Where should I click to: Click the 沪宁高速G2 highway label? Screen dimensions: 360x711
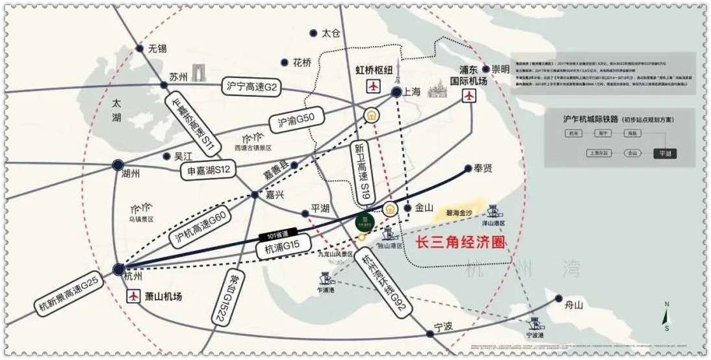pos(252,86)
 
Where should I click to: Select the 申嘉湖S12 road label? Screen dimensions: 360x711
pos(205,170)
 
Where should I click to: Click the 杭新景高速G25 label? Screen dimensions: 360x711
pos(68,294)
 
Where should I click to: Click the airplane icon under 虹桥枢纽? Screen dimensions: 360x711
pos(373,86)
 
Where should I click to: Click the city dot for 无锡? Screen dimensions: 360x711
pos(139,48)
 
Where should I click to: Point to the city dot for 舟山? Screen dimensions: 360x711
pos(559,298)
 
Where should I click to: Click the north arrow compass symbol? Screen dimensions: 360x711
pos(666,316)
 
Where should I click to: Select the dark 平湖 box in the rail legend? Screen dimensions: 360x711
pos(666,154)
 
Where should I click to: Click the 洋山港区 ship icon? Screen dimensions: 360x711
pos(493,210)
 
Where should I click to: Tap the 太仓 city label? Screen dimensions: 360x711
pos(331,33)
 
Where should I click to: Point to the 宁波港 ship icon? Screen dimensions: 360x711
pos(534,324)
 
